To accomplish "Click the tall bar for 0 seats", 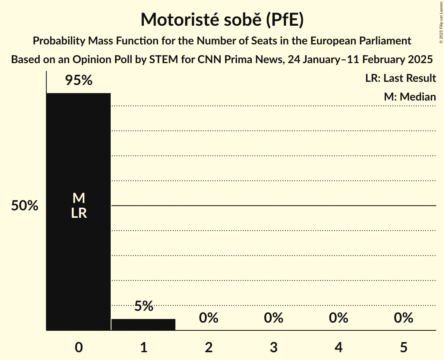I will click(78, 156).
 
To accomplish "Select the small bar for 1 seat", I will click(143, 324).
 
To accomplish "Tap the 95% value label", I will click(78, 81).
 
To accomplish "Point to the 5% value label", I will click(143, 306).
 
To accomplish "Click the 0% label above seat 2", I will click(209, 318).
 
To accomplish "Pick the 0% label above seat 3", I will click(273, 318).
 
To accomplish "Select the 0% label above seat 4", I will click(338, 318).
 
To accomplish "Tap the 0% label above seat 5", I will click(403, 318).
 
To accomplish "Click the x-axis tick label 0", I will click(78, 347).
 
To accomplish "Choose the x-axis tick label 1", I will click(143, 347).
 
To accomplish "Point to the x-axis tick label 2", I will click(209, 347).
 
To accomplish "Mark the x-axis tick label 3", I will click(273, 347).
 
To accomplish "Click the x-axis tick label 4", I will click(338, 347).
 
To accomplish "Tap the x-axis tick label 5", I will click(403, 347).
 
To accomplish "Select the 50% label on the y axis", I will click(25, 206).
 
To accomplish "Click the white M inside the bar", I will click(78, 198).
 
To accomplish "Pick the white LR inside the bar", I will click(78, 213).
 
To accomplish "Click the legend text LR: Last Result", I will click(400, 78).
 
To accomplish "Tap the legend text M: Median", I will click(410, 97).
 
